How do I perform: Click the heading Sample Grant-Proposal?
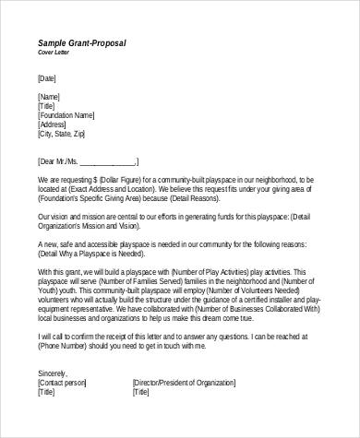click(82, 43)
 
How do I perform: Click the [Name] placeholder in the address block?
click(50, 96)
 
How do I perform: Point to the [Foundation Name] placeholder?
click(66, 114)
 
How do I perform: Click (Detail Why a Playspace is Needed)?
click(96, 252)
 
